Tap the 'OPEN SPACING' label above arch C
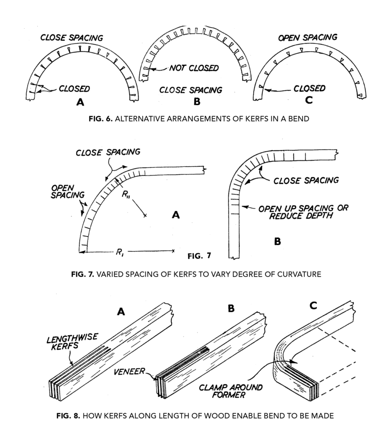(x=308, y=37)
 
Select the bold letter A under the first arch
(x=80, y=103)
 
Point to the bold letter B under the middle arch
(x=197, y=103)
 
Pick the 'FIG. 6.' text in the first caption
(x=101, y=119)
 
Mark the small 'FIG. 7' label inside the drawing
(x=200, y=255)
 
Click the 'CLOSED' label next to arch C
(x=309, y=88)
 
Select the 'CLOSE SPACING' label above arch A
(x=71, y=37)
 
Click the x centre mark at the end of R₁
(x=173, y=251)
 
